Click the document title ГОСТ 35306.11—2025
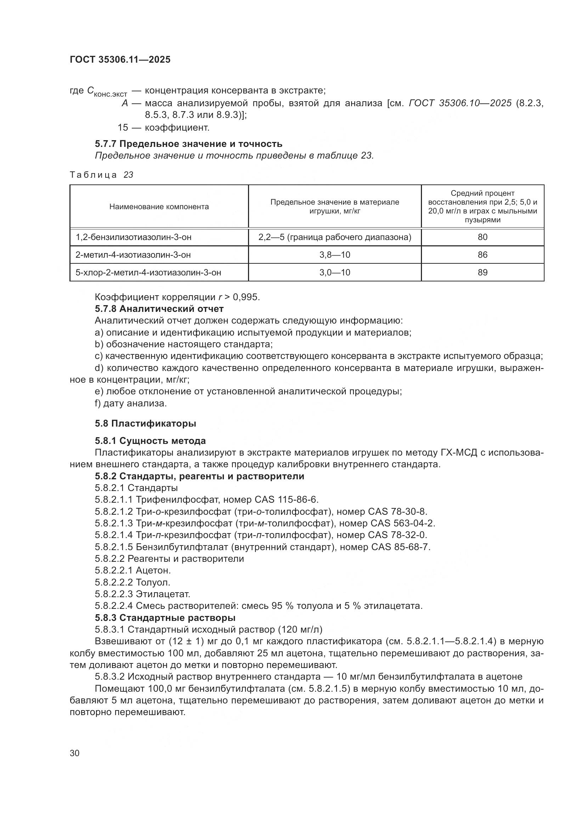(120, 59)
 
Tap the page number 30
(75, 753)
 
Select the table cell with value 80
(482, 237)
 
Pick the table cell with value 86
(482, 255)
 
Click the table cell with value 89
(482, 272)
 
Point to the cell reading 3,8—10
(334, 255)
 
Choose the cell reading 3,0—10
(334, 272)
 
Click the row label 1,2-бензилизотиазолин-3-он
(134, 237)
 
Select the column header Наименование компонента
(159, 207)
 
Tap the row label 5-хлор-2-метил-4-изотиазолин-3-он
(148, 272)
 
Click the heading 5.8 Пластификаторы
(145, 423)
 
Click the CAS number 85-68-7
(412, 547)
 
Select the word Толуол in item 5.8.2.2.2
(153, 582)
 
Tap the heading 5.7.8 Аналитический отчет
(159, 309)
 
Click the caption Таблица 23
(101, 175)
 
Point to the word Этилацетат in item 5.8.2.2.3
(163, 594)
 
